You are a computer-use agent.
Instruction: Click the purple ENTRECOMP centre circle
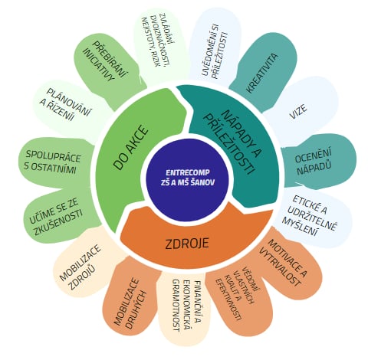coord(186,178)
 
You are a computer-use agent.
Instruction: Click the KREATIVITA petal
coord(263,70)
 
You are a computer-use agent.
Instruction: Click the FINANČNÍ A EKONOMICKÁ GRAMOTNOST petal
coord(186,306)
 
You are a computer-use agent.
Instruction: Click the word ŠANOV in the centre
coord(201,183)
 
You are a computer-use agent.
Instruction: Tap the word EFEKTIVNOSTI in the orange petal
coord(228,299)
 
